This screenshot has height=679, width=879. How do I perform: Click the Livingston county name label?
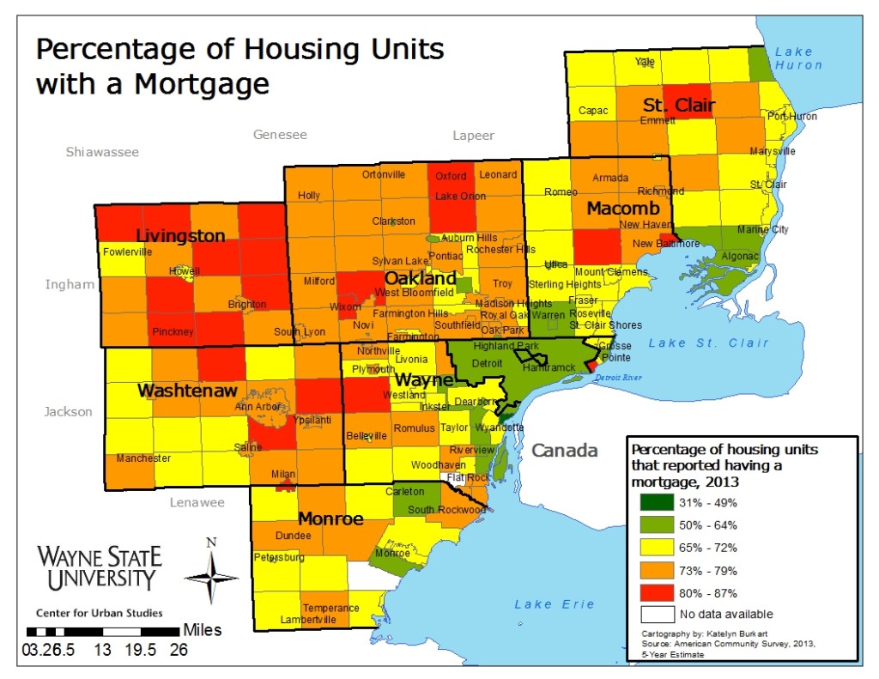click(x=180, y=236)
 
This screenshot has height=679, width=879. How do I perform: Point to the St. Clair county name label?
click(x=679, y=106)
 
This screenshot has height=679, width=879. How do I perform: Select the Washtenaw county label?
click(x=186, y=391)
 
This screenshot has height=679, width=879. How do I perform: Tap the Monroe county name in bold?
click(x=330, y=518)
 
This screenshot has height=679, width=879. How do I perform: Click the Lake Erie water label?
click(x=555, y=604)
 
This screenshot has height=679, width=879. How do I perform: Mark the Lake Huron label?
click(x=798, y=58)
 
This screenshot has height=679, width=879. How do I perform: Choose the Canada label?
click(x=562, y=451)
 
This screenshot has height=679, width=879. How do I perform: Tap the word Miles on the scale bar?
click(x=202, y=630)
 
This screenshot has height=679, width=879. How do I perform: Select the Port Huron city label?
click(x=792, y=117)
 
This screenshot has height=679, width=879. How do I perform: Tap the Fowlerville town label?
click(x=127, y=252)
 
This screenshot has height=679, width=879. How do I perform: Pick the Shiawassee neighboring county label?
click(x=102, y=152)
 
